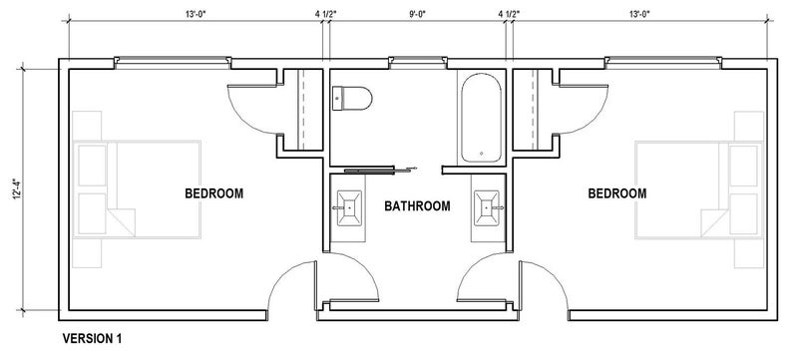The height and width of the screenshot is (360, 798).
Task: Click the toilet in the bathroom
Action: click(352, 98)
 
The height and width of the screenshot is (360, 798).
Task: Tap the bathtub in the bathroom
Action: click(481, 118)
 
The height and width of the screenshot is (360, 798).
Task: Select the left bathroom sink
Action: click(350, 208)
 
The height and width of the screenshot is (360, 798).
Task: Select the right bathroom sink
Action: click(487, 208)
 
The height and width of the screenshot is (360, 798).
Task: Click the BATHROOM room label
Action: click(417, 206)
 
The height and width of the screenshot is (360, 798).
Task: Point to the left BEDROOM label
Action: click(213, 193)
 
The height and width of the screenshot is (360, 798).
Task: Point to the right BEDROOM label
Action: click(616, 193)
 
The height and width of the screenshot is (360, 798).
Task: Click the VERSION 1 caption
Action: click(92, 338)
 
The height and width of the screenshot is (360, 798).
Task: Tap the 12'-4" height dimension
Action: click(17, 187)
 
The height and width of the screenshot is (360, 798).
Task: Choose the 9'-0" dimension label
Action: click(417, 14)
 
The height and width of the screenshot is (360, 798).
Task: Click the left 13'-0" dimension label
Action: click(196, 14)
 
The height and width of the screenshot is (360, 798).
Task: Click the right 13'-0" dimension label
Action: click(639, 14)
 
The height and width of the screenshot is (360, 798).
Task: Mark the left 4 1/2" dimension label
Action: click(326, 14)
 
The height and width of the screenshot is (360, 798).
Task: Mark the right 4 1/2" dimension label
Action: click(509, 14)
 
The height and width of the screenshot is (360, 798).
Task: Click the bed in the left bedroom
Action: click(137, 189)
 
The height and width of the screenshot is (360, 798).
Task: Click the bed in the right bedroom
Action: click(699, 189)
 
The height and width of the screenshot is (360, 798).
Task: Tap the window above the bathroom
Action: click(418, 63)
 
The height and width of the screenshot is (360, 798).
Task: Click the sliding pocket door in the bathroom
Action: click(380, 170)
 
